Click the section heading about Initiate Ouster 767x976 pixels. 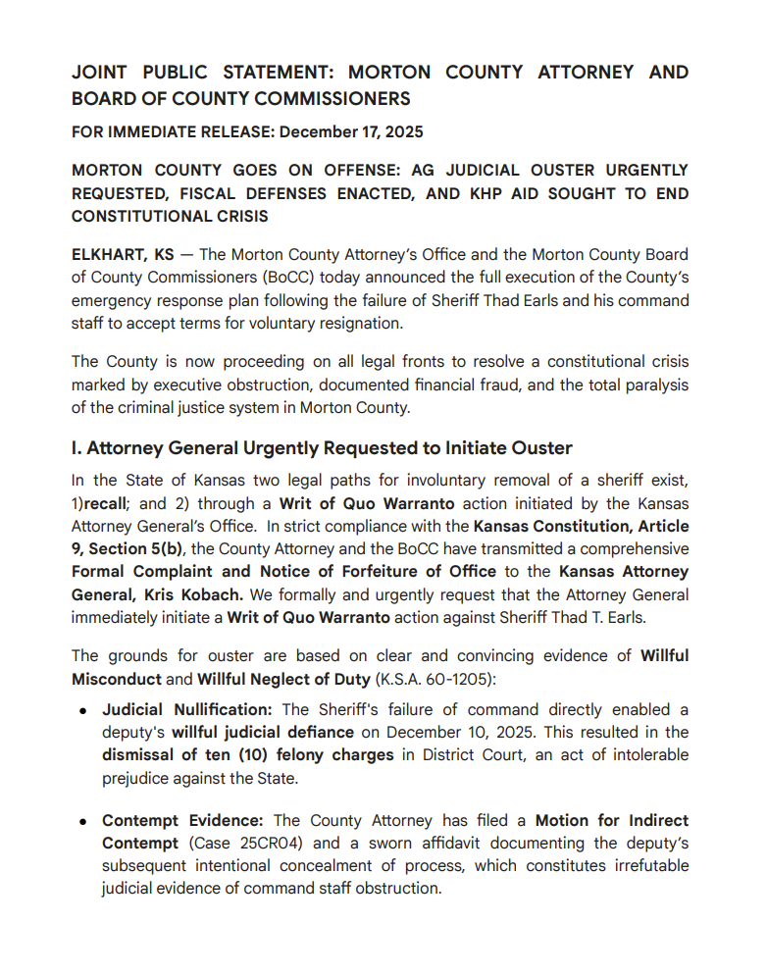[x=322, y=448]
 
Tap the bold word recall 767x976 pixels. [x=105, y=503]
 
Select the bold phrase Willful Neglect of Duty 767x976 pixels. [x=282, y=678]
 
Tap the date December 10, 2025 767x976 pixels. [x=481, y=732]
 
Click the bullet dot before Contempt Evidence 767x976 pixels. [x=84, y=820]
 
